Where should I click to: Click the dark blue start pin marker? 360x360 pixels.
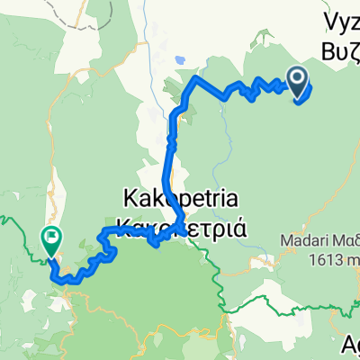pyautogui.click(x=297, y=80)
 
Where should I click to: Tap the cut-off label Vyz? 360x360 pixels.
pyautogui.click(x=342, y=18)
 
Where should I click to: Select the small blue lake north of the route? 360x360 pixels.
pyautogui.click(x=180, y=61)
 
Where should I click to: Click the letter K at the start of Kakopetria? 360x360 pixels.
pyautogui.click(x=128, y=196)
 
